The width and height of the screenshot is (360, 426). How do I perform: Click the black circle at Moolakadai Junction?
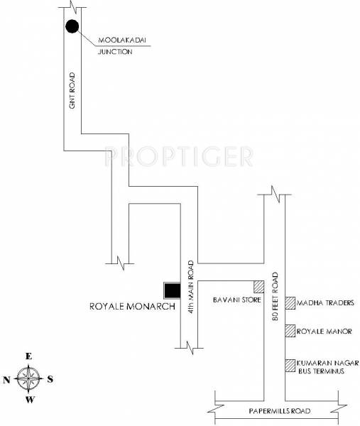(71, 27)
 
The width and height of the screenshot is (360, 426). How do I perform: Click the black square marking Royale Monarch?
(172, 290)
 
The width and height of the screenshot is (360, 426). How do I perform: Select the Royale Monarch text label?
(126, 308)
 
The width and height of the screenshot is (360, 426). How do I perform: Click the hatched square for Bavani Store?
(258, 286)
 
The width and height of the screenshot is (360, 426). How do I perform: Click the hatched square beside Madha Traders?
(290, 303)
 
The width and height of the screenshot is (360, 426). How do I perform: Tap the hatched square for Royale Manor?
(290, 331)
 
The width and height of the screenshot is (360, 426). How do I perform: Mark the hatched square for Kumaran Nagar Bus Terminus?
(290, 366)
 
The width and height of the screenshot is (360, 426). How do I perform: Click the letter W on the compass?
(29, 400)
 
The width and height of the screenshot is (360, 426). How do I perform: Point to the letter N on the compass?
(7, 379)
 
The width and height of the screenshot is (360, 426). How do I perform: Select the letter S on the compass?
(50, 378)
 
